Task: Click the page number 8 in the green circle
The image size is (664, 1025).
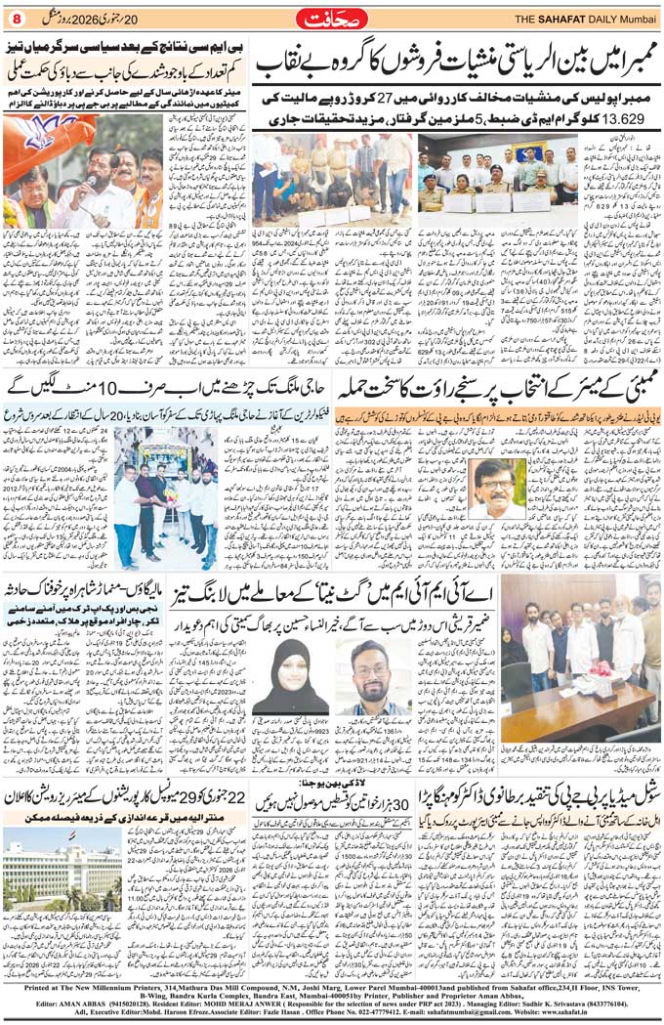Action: [13, 17]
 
